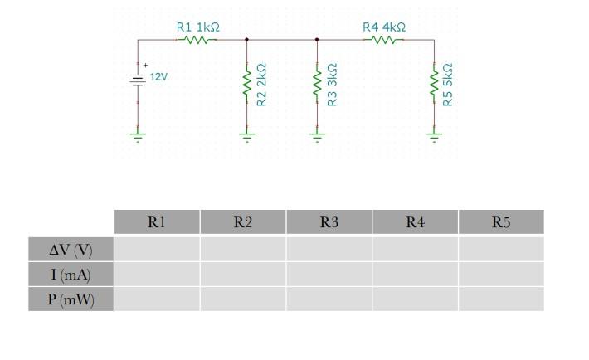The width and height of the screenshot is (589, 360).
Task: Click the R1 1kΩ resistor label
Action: [x=197, y=27]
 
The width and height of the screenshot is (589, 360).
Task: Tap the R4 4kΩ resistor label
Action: [x=384, y=27]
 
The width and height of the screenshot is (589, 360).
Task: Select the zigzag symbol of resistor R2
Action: [x=246, y=84]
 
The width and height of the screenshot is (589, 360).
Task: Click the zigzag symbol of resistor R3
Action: [x=316, y=84]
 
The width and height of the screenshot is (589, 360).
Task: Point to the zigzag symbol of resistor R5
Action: [x=433, y=84]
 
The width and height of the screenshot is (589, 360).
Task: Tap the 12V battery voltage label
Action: [x=158, y=77]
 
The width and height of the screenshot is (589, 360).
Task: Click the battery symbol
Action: [x=138, y=77]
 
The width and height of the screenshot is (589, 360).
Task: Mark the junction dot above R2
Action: [x=246, y=39]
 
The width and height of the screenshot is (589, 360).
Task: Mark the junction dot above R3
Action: [x=316, y=39]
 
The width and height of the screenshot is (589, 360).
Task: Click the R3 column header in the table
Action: [x=329, y=221]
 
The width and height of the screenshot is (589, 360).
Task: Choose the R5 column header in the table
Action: [x=501, y=221]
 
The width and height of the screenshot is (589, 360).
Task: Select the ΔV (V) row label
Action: [x=71, y=249]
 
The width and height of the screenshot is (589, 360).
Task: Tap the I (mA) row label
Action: [x=71, y=274]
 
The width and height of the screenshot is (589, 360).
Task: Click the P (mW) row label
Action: [x=71, y=299]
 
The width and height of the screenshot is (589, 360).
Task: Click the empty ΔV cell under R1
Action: [x=157, y=249]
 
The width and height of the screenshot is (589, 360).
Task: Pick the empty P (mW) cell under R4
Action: [x=415, y=299]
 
